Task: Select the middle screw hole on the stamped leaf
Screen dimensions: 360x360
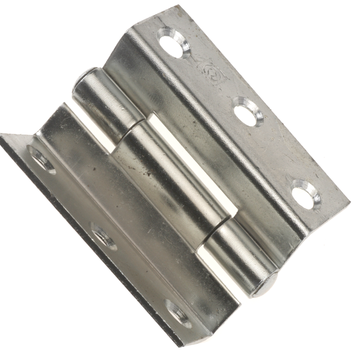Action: (248, 112)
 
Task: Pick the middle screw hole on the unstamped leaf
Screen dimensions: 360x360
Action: (103, 235)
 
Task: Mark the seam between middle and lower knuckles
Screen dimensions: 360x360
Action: (216, 231)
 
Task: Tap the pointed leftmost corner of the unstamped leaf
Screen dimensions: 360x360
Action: (2, 135)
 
